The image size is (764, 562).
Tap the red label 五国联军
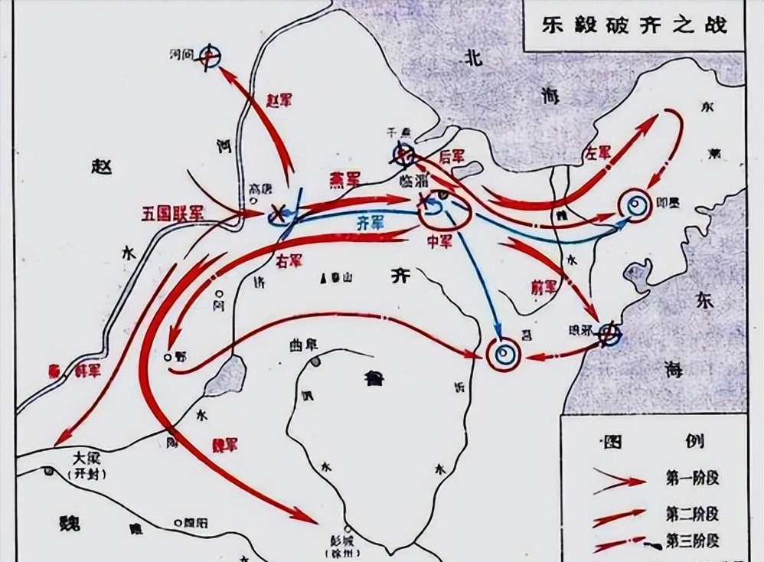[x=171, y=213]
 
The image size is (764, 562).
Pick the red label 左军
[x=598, y=152]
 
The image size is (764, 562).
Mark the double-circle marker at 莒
[x=504, y=353]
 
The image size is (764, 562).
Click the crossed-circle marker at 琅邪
[x=609, y=333]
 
